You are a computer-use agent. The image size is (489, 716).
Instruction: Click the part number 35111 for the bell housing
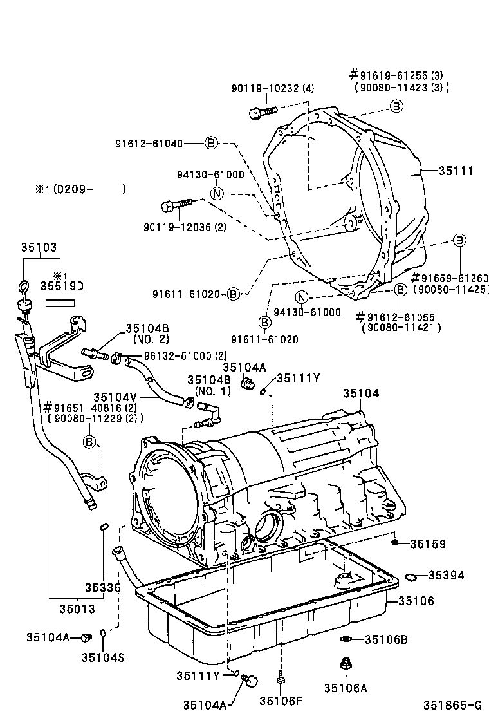pyautogui.click(x=456, y=171)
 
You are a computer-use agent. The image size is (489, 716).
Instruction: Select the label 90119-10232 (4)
pyautogui.click(x=273, y=89)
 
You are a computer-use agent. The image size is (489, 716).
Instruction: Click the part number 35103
pyautogui.click(x=39, y=247)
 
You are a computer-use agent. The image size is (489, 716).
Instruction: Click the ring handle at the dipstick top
pyautogui.click(x=23, y=287)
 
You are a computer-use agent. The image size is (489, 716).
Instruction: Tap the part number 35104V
pyautogui.click(x=114, y=397)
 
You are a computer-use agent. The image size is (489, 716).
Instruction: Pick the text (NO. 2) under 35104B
pyautogui.click(x=151, y=339)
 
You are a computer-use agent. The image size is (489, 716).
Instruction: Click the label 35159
pyautogui.click(x=428, y=544)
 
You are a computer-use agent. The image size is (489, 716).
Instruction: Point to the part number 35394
pyautogui.click(x=446, y=575)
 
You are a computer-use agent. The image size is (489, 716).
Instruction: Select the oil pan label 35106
pyautogui.click(x=416, y=601)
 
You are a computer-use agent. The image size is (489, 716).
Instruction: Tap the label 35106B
pyautogui.click(x=386, y=639)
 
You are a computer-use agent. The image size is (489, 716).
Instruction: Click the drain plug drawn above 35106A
pyautogui.click(x=345, y=664)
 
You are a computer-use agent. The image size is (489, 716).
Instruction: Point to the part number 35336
pyautogui.click(x=103, y=587)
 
